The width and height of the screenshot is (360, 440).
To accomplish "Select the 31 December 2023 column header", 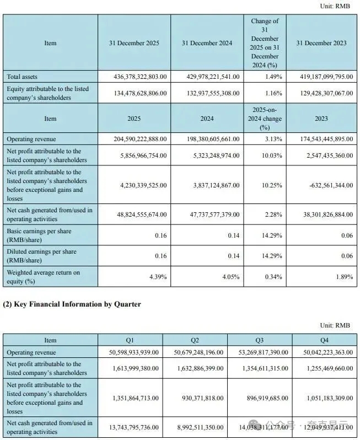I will tap(321, 43).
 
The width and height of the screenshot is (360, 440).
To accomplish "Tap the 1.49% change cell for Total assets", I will tap(265, 76).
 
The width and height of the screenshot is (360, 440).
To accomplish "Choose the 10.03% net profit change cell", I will tap(265, 155).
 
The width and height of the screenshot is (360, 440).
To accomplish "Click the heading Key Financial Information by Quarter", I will tap(72, 304).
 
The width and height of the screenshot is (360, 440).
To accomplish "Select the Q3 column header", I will tap(260, 340).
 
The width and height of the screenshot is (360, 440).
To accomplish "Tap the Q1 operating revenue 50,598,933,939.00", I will tap(128, 352).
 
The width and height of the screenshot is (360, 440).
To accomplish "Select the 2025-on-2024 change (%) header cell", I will tap(265, 119).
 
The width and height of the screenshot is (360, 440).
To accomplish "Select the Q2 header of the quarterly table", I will tap(195, 340).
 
